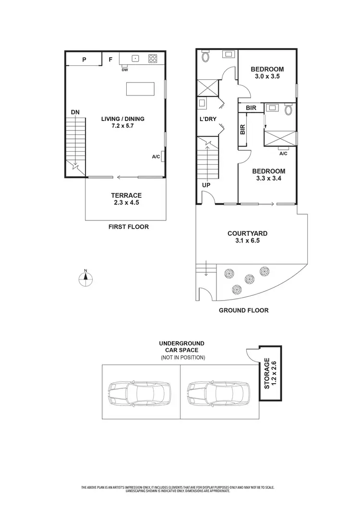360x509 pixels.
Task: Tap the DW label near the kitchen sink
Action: coord(125,70)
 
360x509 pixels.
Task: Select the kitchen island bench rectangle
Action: coord(140,89)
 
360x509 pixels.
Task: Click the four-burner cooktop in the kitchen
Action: coord(153,59)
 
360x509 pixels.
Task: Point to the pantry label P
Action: coord(84,60)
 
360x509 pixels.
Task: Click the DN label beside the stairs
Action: coord(75,112)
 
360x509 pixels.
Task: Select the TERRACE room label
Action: coord(126,195)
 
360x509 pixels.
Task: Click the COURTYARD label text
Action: coord(247,234)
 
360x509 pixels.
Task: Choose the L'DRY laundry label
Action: coord(208,119)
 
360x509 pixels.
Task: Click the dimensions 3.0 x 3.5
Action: coord(267,76)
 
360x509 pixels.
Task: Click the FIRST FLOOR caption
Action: coord(128,227)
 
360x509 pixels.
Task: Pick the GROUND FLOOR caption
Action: coord(243,310)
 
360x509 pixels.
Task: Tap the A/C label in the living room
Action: coord(156,157)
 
